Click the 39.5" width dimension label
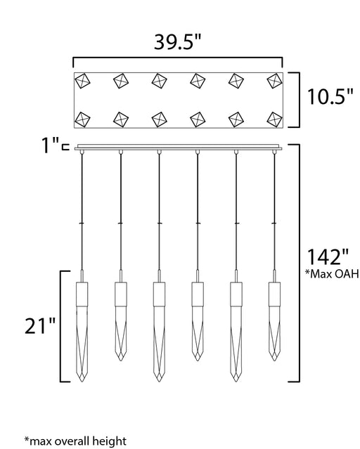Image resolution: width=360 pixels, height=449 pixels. (x=178, y=41)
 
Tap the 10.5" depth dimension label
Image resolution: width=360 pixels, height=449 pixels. (x=330, y=96)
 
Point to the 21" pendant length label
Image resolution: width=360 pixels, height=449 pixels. (x=40, y=326)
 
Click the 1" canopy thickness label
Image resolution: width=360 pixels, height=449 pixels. (x=51, y=145)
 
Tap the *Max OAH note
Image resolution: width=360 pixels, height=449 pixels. (x=332, y=274)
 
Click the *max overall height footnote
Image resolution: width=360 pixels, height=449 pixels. (x=75, y=441)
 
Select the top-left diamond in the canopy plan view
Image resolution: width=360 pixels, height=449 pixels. (x=82, y=81)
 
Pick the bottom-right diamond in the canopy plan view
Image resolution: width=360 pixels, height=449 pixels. (x=275, y=119)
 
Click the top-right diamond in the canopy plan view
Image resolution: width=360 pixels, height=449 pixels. (x=275, y=81)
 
